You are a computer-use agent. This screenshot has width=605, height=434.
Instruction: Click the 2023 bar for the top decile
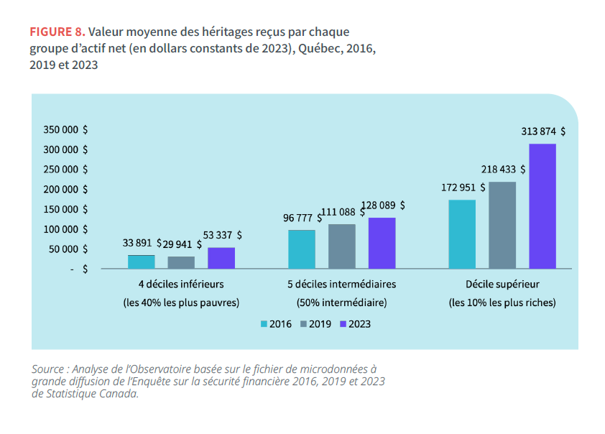(542, 206)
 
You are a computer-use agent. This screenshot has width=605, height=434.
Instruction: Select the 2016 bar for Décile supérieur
(462, 234)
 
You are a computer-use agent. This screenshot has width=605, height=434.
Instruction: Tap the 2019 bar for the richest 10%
(502, 225)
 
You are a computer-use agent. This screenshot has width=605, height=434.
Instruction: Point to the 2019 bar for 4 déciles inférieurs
(181, 262)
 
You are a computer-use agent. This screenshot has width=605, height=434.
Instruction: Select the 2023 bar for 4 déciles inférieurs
(221, 258)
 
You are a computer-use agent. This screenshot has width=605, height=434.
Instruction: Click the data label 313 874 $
(542, 131)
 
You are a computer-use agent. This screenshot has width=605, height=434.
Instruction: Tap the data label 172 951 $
(463, 188)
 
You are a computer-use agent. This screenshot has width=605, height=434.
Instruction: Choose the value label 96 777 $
(302, 218)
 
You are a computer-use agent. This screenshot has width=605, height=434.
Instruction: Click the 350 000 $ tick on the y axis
(65, 130)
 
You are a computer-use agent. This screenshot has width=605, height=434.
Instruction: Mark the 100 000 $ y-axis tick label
(65, 229)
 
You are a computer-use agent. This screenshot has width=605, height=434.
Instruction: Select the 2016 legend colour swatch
(264, 324)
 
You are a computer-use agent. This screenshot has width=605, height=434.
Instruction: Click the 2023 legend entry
(355, 324)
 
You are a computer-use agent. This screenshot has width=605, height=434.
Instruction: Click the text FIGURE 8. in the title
(57, 33)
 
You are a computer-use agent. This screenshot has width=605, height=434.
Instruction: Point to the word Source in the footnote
(47, 369)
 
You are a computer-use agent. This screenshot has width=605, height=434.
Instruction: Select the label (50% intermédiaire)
(341, 303)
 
